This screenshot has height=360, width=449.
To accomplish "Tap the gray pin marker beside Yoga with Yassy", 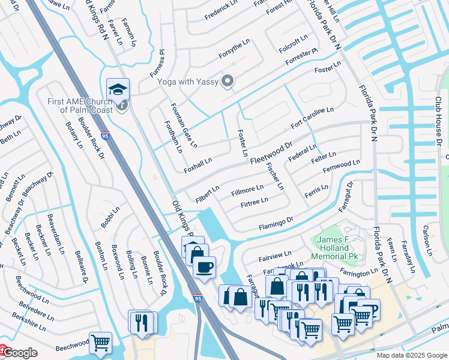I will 228,81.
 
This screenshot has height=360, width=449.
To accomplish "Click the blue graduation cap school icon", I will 118,89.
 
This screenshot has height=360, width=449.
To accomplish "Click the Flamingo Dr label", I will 276,224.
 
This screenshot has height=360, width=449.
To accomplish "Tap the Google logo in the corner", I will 19,353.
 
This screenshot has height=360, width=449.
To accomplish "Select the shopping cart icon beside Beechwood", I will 100,343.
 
